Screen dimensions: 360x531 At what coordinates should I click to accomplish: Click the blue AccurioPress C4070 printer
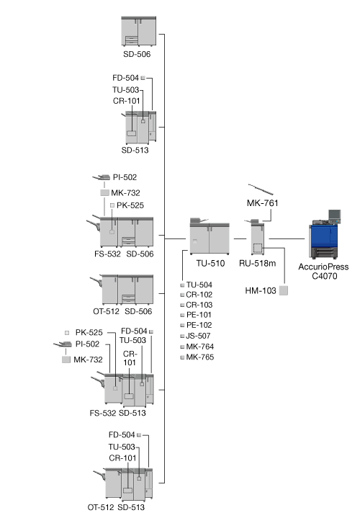(324, 238)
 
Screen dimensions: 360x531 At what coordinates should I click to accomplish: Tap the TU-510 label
(210, 263)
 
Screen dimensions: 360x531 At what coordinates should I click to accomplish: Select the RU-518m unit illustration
(257, 237)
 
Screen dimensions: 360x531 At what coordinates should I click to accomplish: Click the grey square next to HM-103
(284, 290)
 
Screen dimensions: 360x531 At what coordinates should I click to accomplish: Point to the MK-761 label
(262, 203)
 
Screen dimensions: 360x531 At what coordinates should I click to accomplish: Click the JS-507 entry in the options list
(198, 336)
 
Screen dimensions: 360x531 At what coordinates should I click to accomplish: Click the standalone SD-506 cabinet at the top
(139, 31)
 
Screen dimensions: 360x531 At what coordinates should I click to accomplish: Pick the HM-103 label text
(261, 290)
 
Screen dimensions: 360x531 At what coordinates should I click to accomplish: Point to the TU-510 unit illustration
(210, 236)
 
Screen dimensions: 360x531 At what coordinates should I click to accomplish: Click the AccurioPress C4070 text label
(323, 271)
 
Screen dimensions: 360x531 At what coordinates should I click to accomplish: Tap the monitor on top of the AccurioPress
(335, 216)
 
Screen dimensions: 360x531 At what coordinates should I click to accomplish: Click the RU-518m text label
(258, 263)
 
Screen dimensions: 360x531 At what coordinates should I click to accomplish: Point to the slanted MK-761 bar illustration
(261, 189)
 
